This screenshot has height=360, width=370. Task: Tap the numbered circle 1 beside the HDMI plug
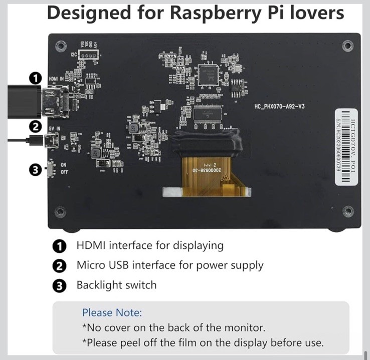(35, 78)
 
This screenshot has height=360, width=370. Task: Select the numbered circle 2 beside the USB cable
(35, 127)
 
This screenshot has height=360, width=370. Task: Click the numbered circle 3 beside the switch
(35, 170)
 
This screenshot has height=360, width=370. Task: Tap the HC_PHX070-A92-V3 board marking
(280, 107)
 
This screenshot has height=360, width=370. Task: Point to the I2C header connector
(88, 56)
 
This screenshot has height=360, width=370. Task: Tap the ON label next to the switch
(63, 164)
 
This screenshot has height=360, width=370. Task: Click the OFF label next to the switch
(64, 172)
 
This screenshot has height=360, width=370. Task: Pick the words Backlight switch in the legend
(116, 285)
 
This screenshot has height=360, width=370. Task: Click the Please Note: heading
(112, 313)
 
